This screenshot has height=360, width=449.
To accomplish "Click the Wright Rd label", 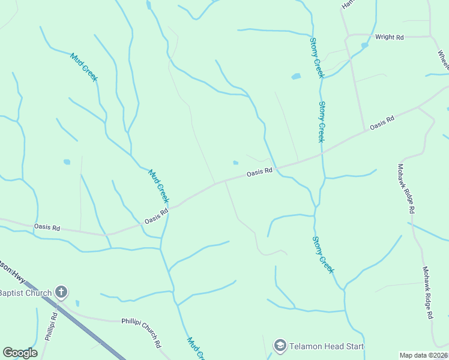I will click(389, 37).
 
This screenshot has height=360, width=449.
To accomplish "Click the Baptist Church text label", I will click(25, 293).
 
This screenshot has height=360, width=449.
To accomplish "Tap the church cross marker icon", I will click(61, 292).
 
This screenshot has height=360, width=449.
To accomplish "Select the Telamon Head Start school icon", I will click(280, 346).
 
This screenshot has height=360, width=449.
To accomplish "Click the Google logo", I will click(20, 353).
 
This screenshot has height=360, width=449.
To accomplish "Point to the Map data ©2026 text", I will click(423, 355).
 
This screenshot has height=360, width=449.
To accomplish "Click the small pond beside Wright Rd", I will click(364, 46).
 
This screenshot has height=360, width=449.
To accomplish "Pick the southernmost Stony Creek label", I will click(322, 255).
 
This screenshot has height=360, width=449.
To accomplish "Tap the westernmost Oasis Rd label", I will click(47, 228).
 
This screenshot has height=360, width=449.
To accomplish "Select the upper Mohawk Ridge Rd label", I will click(406, 189).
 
